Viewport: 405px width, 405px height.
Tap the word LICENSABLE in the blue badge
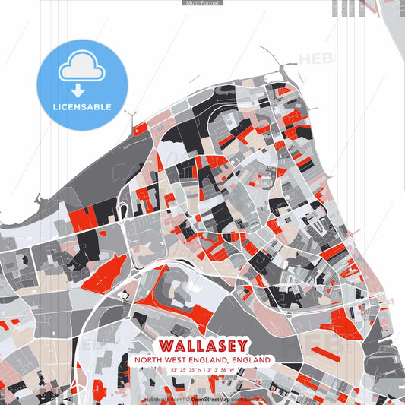82,106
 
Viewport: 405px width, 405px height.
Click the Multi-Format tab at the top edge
202,3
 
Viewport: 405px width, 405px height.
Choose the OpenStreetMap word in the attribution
211,398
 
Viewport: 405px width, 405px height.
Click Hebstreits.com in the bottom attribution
161,398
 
